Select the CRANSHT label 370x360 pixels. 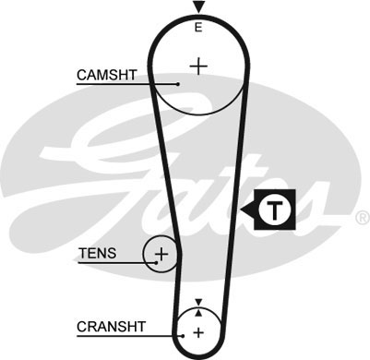111,326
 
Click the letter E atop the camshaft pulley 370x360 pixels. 197,29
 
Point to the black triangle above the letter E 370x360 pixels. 197,8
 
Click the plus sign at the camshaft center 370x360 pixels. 198,66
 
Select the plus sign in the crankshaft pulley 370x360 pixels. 197,331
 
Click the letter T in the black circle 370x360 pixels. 274,210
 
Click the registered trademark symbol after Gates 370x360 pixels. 361,218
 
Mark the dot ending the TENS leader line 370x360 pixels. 157,261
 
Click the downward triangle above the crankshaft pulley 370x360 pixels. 197,302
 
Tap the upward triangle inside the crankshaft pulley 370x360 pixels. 197,313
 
